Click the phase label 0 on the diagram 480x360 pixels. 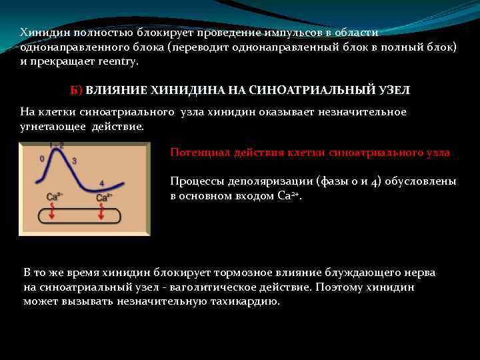[43, 159]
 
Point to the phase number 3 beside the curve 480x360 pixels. [74, 161]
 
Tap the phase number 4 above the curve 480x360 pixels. [101, 183]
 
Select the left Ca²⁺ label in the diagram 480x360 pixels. [55, 197]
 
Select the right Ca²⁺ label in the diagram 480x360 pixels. [104, 197]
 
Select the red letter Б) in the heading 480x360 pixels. [76, 89]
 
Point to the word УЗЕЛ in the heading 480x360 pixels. [394, 89]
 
